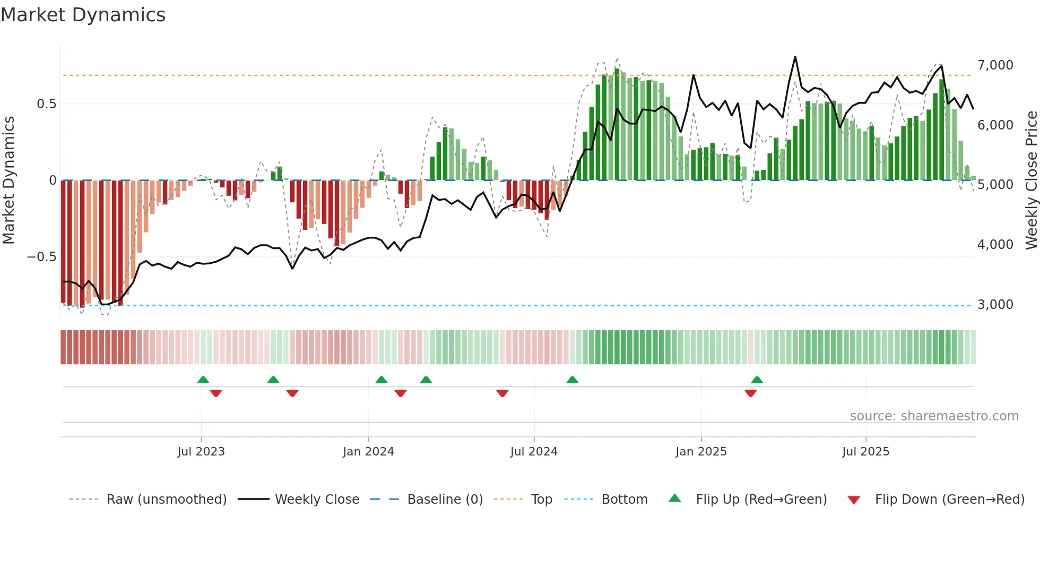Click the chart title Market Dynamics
click(83, 15)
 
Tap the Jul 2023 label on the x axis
click(201, 452)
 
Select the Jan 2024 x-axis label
click(368, 452)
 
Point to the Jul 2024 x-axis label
click(534, 452)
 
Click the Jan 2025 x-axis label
click(701, 452)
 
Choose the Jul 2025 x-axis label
click(865, 452)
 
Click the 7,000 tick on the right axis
click(995, 65)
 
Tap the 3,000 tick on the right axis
click(995, 305)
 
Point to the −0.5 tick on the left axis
click(41, 257)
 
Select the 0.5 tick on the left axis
click(47, 104)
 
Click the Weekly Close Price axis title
click(1031, 180)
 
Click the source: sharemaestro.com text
click(934, 416)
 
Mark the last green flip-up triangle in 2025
click(757, 380)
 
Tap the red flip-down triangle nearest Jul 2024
click(502, 393)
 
